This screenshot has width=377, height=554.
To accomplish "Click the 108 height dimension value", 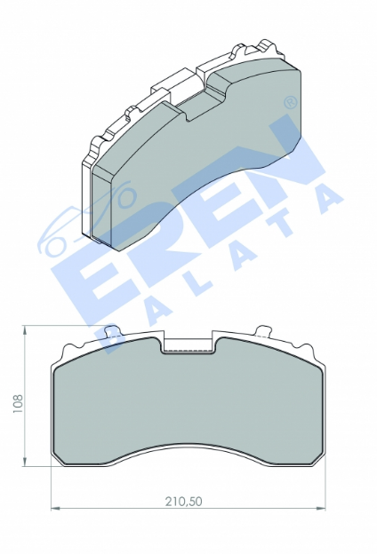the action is tap(18, 403).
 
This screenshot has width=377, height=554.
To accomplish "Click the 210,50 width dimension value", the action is tap(184, 501).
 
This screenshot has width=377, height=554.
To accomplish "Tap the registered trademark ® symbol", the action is tap(291, 102).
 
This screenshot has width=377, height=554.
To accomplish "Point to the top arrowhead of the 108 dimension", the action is tap(24, 330).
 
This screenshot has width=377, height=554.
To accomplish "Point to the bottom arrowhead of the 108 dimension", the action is tap(24, 461).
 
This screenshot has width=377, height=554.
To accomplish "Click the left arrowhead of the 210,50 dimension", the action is tap(57, 509).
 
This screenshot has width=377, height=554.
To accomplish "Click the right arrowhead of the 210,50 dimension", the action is tap(320, 509).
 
